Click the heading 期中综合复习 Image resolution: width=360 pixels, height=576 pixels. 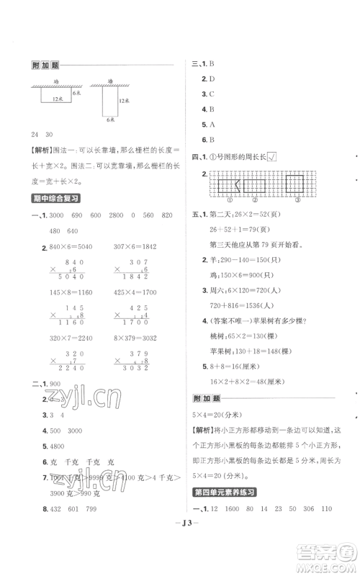click(55, 198)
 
